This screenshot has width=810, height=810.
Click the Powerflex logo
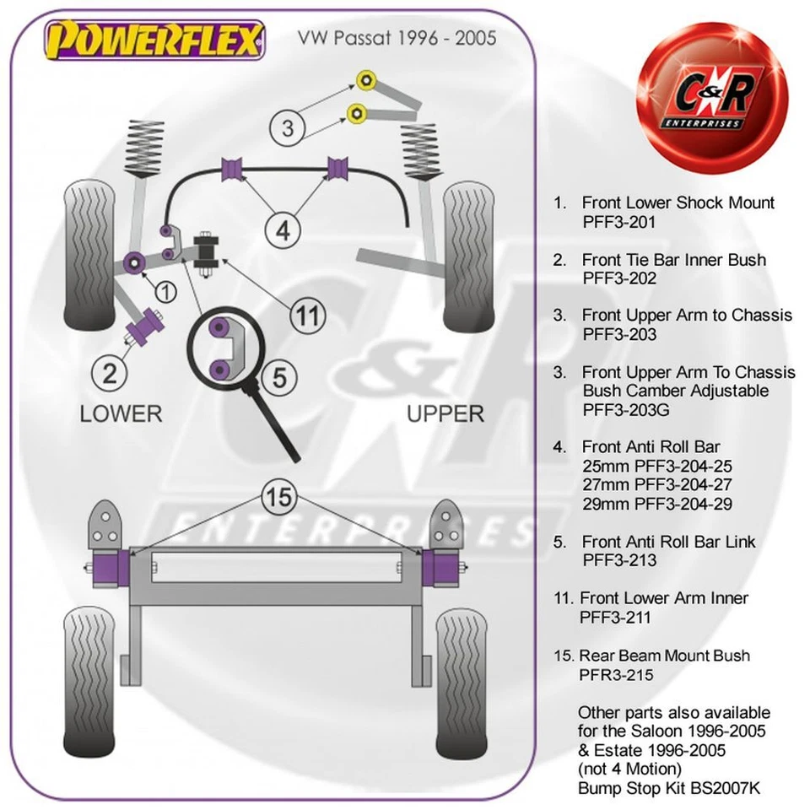pyautogui.click(x=154, y=40)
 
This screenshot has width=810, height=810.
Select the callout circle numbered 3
pyautogui.click(x=288, y=128)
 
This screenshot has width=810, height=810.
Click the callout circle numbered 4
pyautogui.click(x=283, y=229)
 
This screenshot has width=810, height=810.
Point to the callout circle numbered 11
pyautogui.click(x=307, y=316)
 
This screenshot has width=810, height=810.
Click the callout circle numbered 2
pyautogui.click(x=114, y=370)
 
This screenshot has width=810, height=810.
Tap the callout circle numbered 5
pyautogui.click(x=279, y=377)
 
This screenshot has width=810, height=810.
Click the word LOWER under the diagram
pyautogui.click(x=120, y=413)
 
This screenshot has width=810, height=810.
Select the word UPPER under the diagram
pyautogui.click(x=445, y=413)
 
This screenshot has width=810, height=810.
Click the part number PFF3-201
pyautogui.click(x=618, y=222)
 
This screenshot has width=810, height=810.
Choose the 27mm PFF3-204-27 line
pyautogui.click(x=656, y=485)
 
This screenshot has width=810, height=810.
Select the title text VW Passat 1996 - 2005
pyautogui.click(x=394, y=38)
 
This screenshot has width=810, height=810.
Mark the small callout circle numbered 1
pyautogui.click(x=166, y=293)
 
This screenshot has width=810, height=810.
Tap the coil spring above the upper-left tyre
pyautogui.click(x=146, y=148)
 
